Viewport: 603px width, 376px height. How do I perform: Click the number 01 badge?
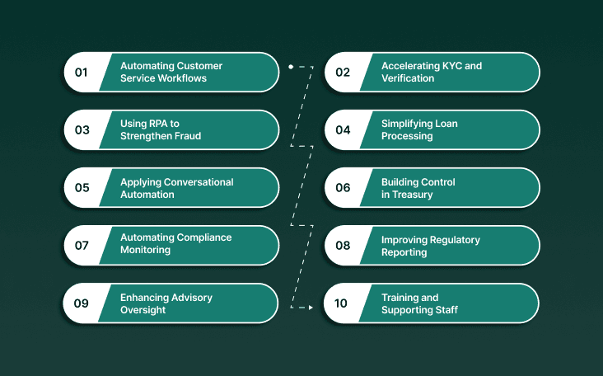82,73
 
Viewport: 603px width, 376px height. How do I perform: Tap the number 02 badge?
342,73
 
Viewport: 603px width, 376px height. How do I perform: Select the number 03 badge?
82,130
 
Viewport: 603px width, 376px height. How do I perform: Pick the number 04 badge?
342,130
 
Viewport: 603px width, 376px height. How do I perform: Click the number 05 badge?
82,188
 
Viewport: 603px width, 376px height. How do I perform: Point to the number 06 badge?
342,188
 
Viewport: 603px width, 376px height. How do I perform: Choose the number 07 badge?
82,246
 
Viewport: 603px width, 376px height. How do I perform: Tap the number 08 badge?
342,246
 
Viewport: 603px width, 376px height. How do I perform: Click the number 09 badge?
82,303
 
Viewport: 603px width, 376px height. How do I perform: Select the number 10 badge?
342,303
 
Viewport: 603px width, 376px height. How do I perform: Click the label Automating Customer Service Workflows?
171,73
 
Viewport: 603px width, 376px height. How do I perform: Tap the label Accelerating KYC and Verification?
431,73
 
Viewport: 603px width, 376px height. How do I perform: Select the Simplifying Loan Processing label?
419,130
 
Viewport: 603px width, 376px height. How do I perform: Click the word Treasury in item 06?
419,195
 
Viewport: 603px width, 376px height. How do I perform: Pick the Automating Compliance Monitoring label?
175,243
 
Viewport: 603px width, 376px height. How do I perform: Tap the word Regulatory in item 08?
452,240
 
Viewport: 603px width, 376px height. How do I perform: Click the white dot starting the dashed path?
290,66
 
